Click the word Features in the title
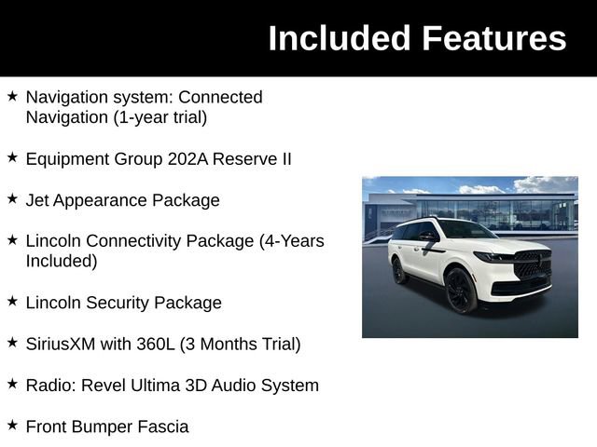(493, 38)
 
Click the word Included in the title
(340, 38)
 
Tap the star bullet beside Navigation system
(12, 96)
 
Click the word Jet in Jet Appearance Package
(36, 200)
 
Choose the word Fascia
(161, 427)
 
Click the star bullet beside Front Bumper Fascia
(12, 426)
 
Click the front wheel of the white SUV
(461, 291)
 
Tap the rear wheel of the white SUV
(399, 271)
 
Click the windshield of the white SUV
(465, 230)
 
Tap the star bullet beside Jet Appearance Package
(12, 199)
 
